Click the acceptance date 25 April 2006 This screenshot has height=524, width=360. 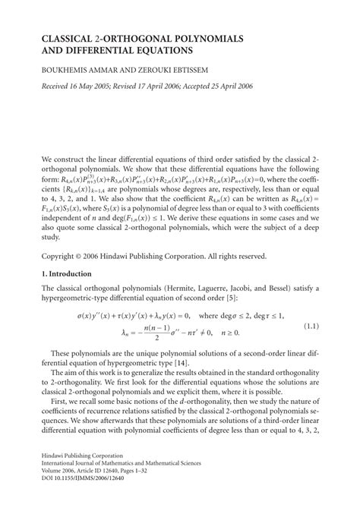point(272,85)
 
